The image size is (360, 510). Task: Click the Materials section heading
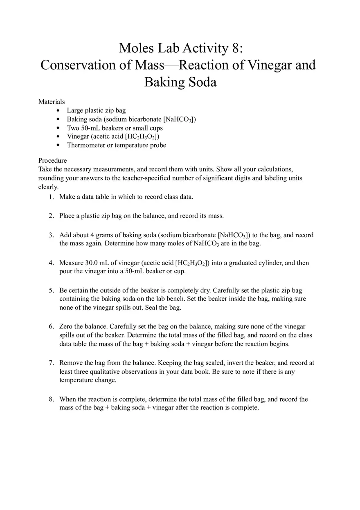[52, 101]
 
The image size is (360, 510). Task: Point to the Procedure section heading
[52, 160]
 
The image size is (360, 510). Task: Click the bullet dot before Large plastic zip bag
[58, 110]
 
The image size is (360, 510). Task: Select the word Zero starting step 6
[67, 326]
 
